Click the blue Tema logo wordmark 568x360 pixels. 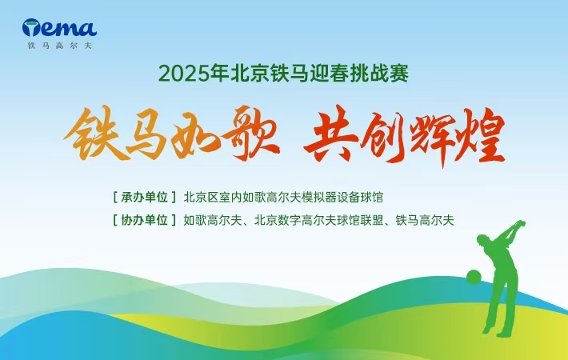click(x=59, y=30)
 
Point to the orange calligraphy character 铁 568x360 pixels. click(x=90, y=138)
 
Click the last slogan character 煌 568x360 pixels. click(x=481, y=138)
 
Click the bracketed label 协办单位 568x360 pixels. click(x=145, y=219)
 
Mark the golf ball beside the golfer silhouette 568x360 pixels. click(x=474, y=278)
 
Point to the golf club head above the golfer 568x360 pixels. click(x=522, y=222)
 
